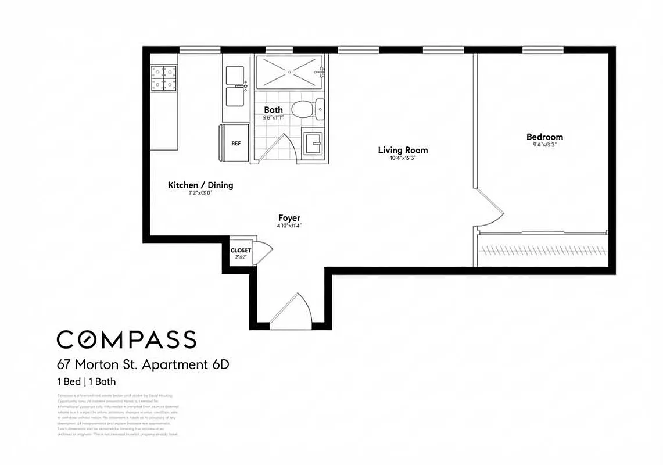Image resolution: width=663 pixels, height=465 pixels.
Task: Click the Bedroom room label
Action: tap(544, 137)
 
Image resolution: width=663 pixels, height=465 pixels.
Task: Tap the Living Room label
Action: tap(402, 150)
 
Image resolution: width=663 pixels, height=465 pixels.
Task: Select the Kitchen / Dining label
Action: tap(200, 185)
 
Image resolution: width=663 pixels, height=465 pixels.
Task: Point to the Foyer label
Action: tap(289, 218)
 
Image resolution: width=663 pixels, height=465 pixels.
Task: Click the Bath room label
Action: tap(274, 109)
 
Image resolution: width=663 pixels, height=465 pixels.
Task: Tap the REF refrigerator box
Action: tap(236, 142)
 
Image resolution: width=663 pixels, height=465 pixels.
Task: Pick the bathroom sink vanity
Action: tap(314, 142)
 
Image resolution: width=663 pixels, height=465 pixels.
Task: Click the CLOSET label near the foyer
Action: tap(241, 251)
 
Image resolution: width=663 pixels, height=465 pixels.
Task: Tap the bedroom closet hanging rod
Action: tap(543, 250)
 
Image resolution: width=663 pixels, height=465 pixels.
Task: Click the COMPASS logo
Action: tap(126, 339)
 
